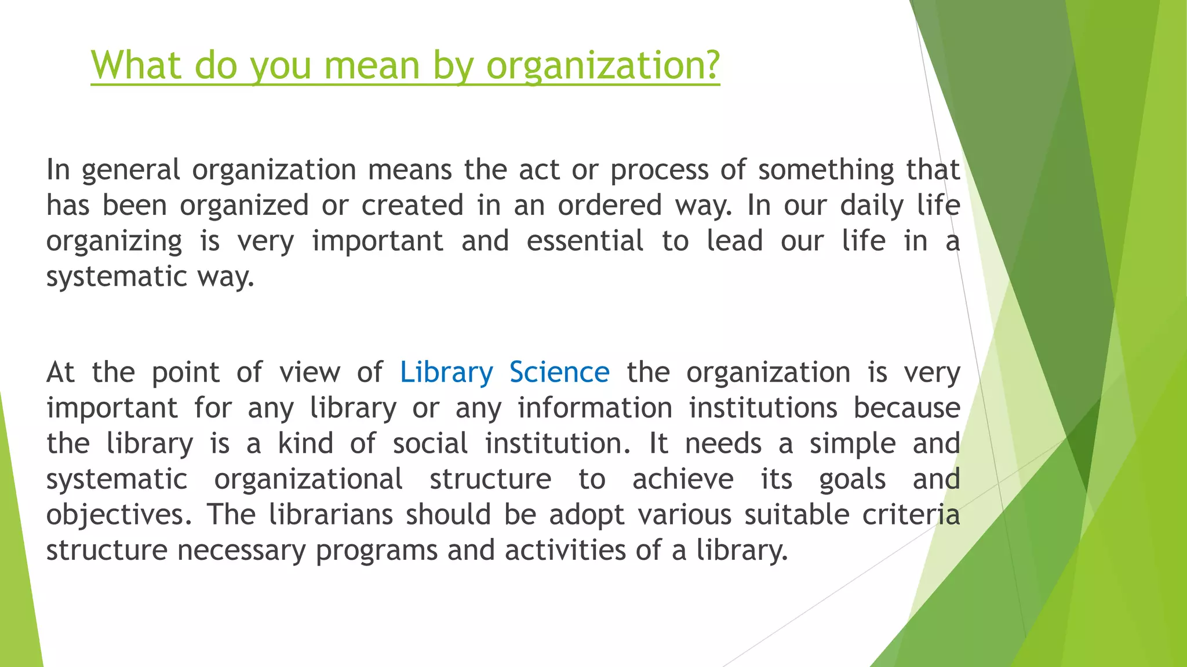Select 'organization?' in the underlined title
[603, 66]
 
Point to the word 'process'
[660, 170]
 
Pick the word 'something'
[826, 170]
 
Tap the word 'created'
[413, 206]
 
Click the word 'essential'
[585, 241]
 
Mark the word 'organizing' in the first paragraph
[114, 242]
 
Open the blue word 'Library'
[446, 372]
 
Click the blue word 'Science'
[559, 372]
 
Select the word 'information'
[595, 408]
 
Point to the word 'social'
[430, 444]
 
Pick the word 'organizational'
[308, 479]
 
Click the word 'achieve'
[683, 479]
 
